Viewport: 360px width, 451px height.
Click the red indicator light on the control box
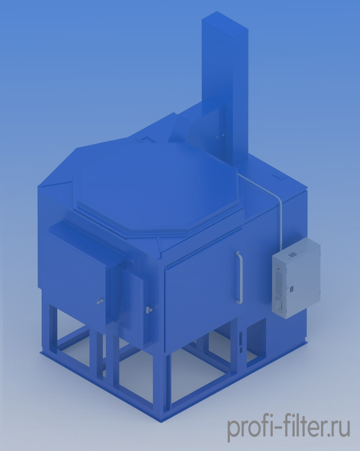click(278, 269)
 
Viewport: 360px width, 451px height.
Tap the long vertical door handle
click(239, 277)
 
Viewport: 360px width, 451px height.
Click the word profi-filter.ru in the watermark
click(289, 428)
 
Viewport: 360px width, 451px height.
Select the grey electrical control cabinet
click(296, 278)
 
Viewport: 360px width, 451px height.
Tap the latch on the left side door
click(100, 302)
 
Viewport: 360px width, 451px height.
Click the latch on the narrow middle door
click(149, 310)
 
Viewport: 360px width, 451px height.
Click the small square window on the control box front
click(291, 288)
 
